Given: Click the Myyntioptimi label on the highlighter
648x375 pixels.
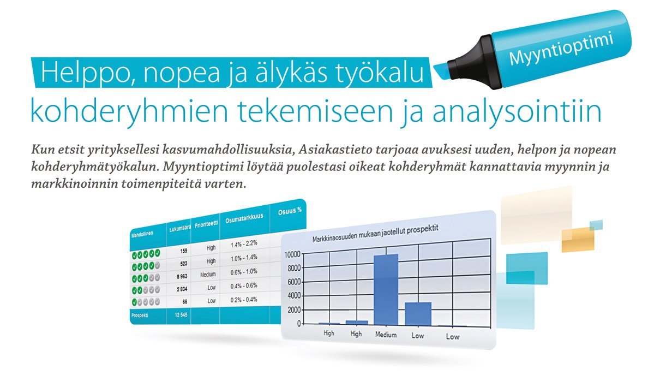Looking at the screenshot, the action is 561,48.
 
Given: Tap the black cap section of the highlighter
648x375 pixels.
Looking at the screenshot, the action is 472,63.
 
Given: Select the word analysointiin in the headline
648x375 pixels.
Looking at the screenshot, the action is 517,112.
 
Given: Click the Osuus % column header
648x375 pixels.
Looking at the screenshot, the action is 290,211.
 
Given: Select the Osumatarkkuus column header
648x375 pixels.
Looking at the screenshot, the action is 244,219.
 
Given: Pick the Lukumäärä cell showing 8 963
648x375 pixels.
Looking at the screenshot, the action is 182,276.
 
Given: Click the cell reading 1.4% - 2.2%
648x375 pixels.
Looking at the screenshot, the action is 244,243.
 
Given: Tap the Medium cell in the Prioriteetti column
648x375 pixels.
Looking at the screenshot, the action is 208,275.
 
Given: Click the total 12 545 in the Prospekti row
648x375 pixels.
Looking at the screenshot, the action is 181,315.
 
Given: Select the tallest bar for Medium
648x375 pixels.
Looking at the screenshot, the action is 386,289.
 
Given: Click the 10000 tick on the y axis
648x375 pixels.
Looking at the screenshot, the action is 292,254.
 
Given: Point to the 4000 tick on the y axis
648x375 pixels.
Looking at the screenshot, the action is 294,296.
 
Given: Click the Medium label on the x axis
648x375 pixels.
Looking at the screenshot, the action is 386,335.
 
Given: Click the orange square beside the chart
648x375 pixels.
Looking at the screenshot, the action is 578,240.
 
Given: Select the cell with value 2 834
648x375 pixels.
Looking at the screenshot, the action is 182,289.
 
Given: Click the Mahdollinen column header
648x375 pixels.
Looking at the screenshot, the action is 142,234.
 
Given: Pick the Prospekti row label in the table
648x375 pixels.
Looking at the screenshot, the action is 140,316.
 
